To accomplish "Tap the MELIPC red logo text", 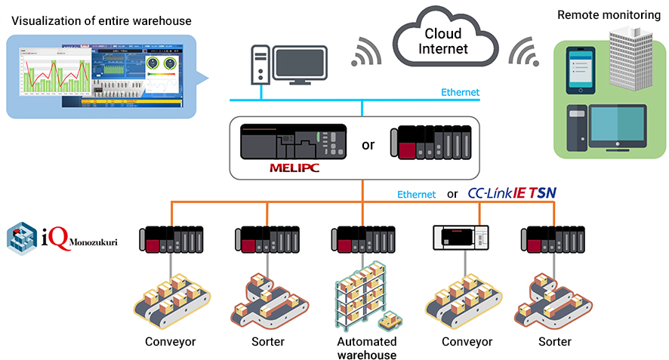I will coord(294,167).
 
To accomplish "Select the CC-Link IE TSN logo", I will coord(512,193).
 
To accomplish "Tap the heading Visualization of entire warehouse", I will coord(101,20).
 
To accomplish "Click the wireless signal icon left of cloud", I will coord(368,51).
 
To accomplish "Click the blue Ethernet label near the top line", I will coord(460,93).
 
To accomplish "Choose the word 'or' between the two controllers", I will coord(368,144).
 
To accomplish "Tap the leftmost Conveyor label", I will coord(171,341).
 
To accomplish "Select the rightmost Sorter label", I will coord(554,341).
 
